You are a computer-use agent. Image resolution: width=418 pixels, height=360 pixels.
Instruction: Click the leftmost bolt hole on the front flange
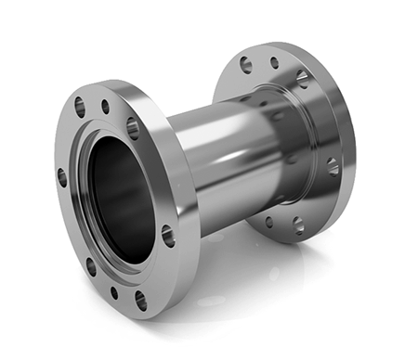pos(62,176)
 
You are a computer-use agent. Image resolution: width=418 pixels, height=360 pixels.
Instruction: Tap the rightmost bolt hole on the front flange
pos(168,236)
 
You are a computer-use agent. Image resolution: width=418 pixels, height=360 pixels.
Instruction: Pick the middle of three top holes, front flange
pos(105,107)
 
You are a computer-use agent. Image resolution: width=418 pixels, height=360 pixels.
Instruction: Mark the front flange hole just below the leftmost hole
pos(91,266)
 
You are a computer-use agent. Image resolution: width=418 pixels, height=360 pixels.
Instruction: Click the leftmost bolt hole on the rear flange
pos(245,65)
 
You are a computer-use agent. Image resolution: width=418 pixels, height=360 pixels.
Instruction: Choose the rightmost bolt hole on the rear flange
pos(333,166)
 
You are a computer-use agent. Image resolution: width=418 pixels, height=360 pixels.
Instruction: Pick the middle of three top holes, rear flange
pos(274,63)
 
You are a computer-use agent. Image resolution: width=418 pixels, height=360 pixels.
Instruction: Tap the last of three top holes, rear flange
pos(302,78)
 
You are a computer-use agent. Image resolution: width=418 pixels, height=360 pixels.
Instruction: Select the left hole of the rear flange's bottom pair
pos(269,222)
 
